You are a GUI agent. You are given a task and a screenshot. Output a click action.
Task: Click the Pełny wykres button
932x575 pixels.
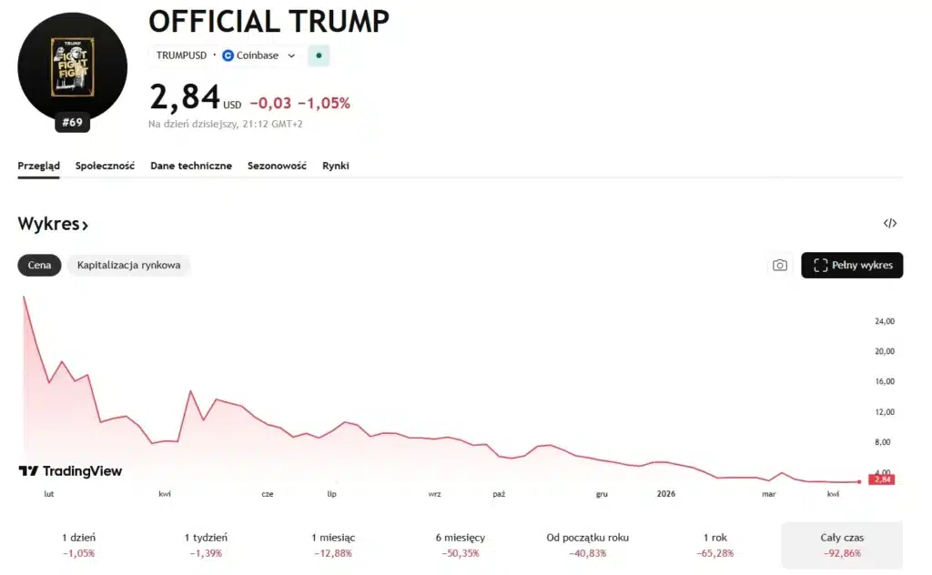pyautogui.click(x=852, y=266)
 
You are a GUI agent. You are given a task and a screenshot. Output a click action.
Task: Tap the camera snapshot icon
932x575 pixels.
pyautogui.click(x=780, y=266)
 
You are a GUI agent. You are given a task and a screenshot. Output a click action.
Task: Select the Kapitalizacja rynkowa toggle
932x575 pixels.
pyautogui.click(x=128, y=266)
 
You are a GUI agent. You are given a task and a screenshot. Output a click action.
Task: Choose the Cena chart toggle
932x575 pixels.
pyautogui.click(x=39, y=266)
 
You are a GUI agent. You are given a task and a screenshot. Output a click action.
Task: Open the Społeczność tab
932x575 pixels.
pyautogui.click(x=106, y=166)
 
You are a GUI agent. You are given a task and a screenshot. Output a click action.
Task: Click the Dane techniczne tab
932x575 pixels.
pyautogui.click(x=191, y=166)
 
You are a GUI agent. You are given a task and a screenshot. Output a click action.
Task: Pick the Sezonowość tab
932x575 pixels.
pyautogui.click(x=277, y=166)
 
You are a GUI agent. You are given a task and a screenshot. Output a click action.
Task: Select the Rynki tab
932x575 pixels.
pyautogui.click(x=336, y=166)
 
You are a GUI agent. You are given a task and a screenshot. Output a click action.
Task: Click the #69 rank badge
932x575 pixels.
pyautogui.click(x=72, y=122)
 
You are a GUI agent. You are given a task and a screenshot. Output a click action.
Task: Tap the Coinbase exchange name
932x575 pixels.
pyautogui.click(x=258, y=55)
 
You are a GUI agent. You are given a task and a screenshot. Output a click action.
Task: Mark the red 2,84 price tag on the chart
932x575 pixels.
pyautogui.click(x=881, y=479)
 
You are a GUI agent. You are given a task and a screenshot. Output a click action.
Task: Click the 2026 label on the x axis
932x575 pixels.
pyautogui.click(x=666, y=494)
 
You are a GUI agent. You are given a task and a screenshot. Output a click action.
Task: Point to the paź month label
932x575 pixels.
pyautogui.click(x=499, y=494)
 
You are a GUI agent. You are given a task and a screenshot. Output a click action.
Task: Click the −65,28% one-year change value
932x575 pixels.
pyautogui.click(x=714, y=553)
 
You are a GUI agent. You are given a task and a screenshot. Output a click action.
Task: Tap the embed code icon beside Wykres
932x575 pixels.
pyautogui.click(x=890, y=224)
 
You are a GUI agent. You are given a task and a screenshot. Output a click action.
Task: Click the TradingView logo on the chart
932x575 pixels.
pyautogui.click(x=70, y=471)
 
